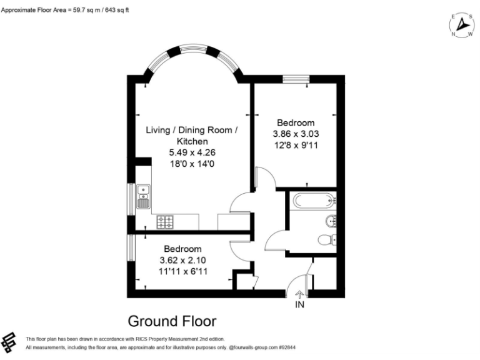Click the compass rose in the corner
[462, 25]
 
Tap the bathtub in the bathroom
[314, 201]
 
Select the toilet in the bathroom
[327, 240]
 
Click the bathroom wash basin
[331, 221]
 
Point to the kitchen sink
[143, 196]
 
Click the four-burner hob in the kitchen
[165, 222]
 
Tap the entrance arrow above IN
[299, 294]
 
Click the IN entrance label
[300, 304]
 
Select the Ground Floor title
[172, 321]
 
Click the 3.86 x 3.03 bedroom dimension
[296, 134]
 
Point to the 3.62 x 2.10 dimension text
[182, 260]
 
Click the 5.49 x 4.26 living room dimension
[192, 152]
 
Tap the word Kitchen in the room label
[192, 141]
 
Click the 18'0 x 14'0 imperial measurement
[192, 164]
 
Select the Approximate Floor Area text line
[65, 10]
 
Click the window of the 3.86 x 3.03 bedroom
[296, 79]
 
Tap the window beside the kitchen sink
[131, 199]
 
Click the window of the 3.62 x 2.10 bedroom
[131, 247]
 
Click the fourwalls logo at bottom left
[9, 342]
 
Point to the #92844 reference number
[287, 347]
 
